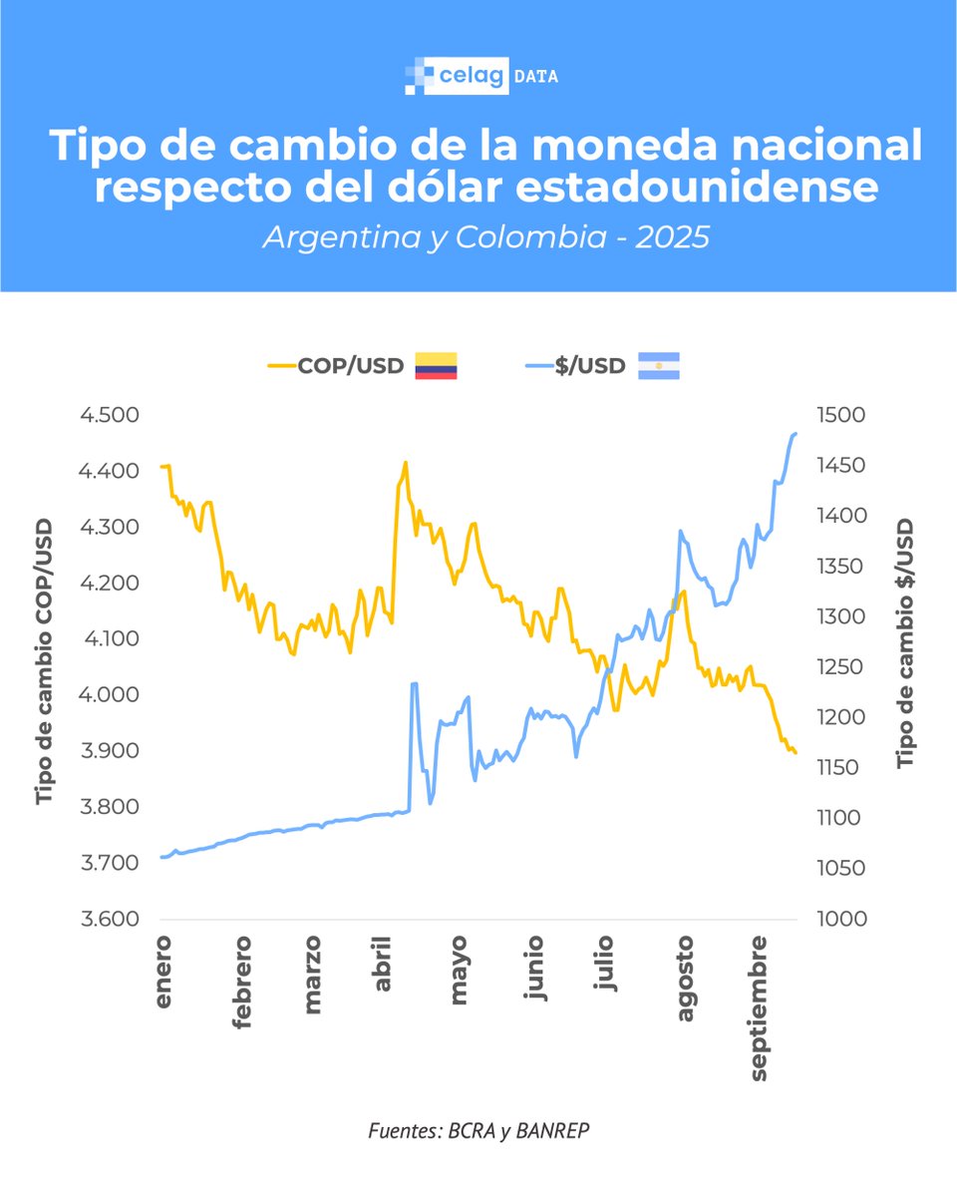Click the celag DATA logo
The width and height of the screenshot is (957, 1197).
481,76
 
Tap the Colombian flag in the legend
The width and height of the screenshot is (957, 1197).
436,366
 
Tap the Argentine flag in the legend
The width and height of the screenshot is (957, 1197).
658,366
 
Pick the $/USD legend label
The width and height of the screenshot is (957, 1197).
588,366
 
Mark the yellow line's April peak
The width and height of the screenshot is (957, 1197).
405,462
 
